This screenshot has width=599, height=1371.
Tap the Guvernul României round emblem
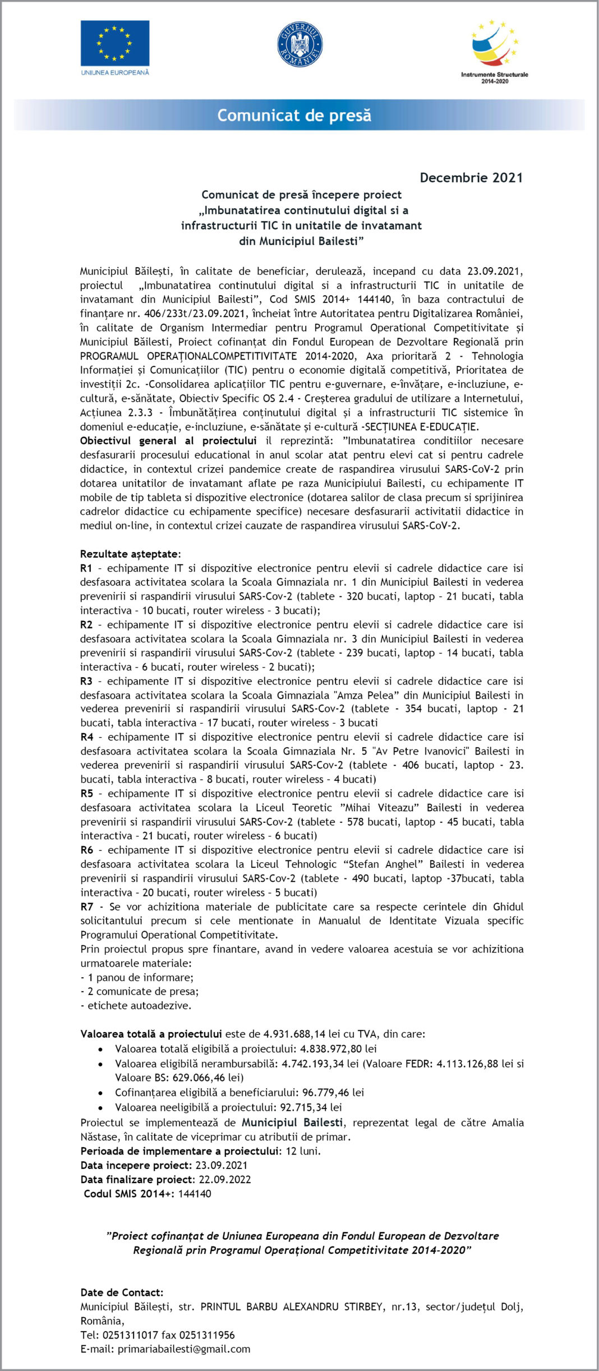coord(299,44)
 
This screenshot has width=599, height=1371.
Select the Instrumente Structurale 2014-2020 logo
coord(494,51)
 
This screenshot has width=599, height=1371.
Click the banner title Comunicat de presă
coord(294,116)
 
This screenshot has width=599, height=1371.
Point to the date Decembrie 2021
coord(471,178)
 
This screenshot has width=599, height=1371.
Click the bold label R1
coord(86,568)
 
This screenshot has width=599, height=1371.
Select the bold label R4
coord(86,737)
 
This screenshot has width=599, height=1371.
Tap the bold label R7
coord(86,907)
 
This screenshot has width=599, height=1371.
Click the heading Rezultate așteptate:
coord(131,554)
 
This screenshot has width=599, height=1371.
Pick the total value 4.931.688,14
coord(294,1034)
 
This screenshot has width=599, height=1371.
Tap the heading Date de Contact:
coord(122,1292)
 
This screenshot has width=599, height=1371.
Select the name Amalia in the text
coord(508,1122)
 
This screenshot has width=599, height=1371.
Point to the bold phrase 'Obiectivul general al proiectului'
coord(168,441)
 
